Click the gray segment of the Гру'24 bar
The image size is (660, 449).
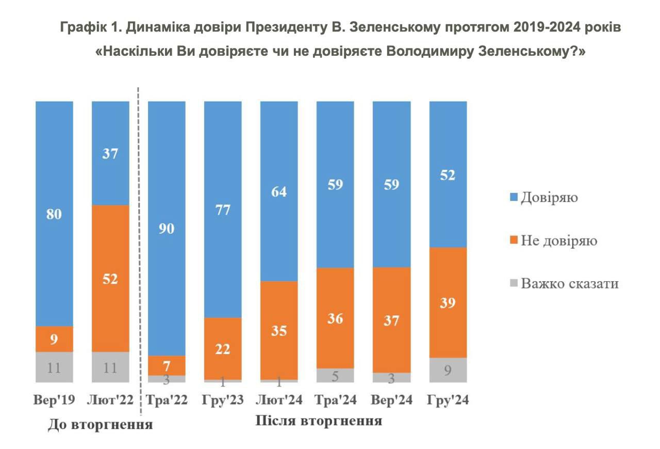pyautogui.click(x=448, y=370)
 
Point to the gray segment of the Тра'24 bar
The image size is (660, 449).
pyautogui.click(x=335, y=375)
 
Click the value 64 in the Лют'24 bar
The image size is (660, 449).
pyautogui.click(x=279, y=192)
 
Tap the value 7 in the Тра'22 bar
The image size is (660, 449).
pyautogui.click(x=167, y=365)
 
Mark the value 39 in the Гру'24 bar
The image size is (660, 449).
pyautogui.click(x=448, y=303)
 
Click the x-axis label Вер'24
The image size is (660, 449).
pyautogui.click(x=392, y=400)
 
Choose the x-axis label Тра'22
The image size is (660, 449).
pyautogui.click(x=167, y=400)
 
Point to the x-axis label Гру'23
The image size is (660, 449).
pyautogui.click(x=223, y=400)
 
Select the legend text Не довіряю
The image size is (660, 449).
pyautogui.click(x=559, y=240)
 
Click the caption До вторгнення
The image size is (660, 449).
pyautogui.click(x=100, y=425)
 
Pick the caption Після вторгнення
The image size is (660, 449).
pyautogui.click(x=319, y=421)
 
